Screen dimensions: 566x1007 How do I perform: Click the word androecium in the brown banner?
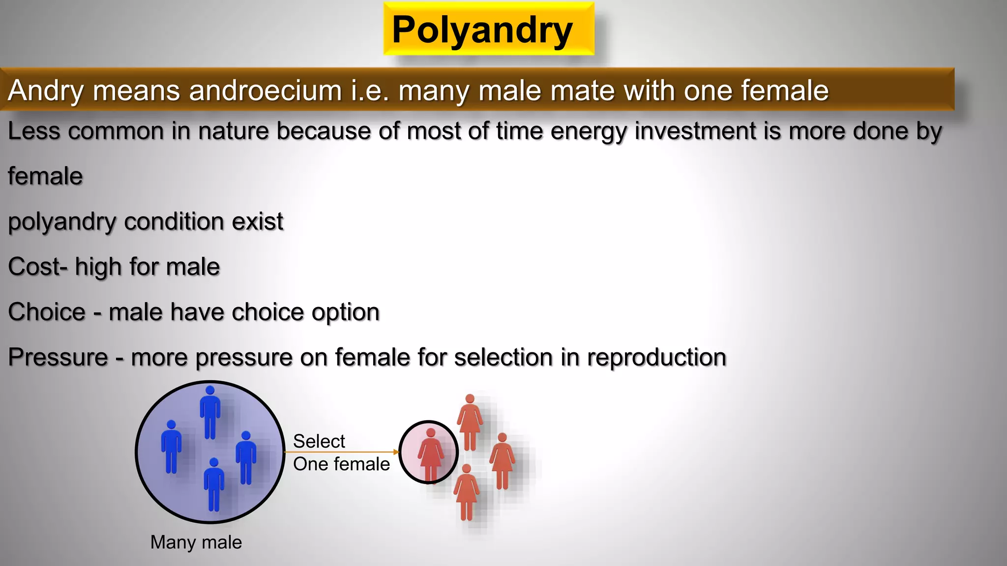coord(265,91)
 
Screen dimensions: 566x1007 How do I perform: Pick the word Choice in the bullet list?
coord(47,312)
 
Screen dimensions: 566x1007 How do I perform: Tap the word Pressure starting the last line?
coord(58,357)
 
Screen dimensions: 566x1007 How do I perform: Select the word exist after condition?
coord(257,222)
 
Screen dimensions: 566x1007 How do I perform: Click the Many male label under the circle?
coord(196,542)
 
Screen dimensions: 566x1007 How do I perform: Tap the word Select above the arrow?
coord(319,441)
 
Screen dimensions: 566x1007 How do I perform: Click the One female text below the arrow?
coord(341,464)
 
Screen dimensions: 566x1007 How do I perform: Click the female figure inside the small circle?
coord(430,453)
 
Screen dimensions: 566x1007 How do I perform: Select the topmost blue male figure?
coord(210,412)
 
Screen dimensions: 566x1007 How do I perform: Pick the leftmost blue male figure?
coord(171,446)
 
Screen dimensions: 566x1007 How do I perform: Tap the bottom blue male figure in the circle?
coord(214,484)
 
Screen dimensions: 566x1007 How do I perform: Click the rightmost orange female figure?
coord(502,461)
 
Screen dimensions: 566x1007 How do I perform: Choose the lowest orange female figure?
coord(466,491)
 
